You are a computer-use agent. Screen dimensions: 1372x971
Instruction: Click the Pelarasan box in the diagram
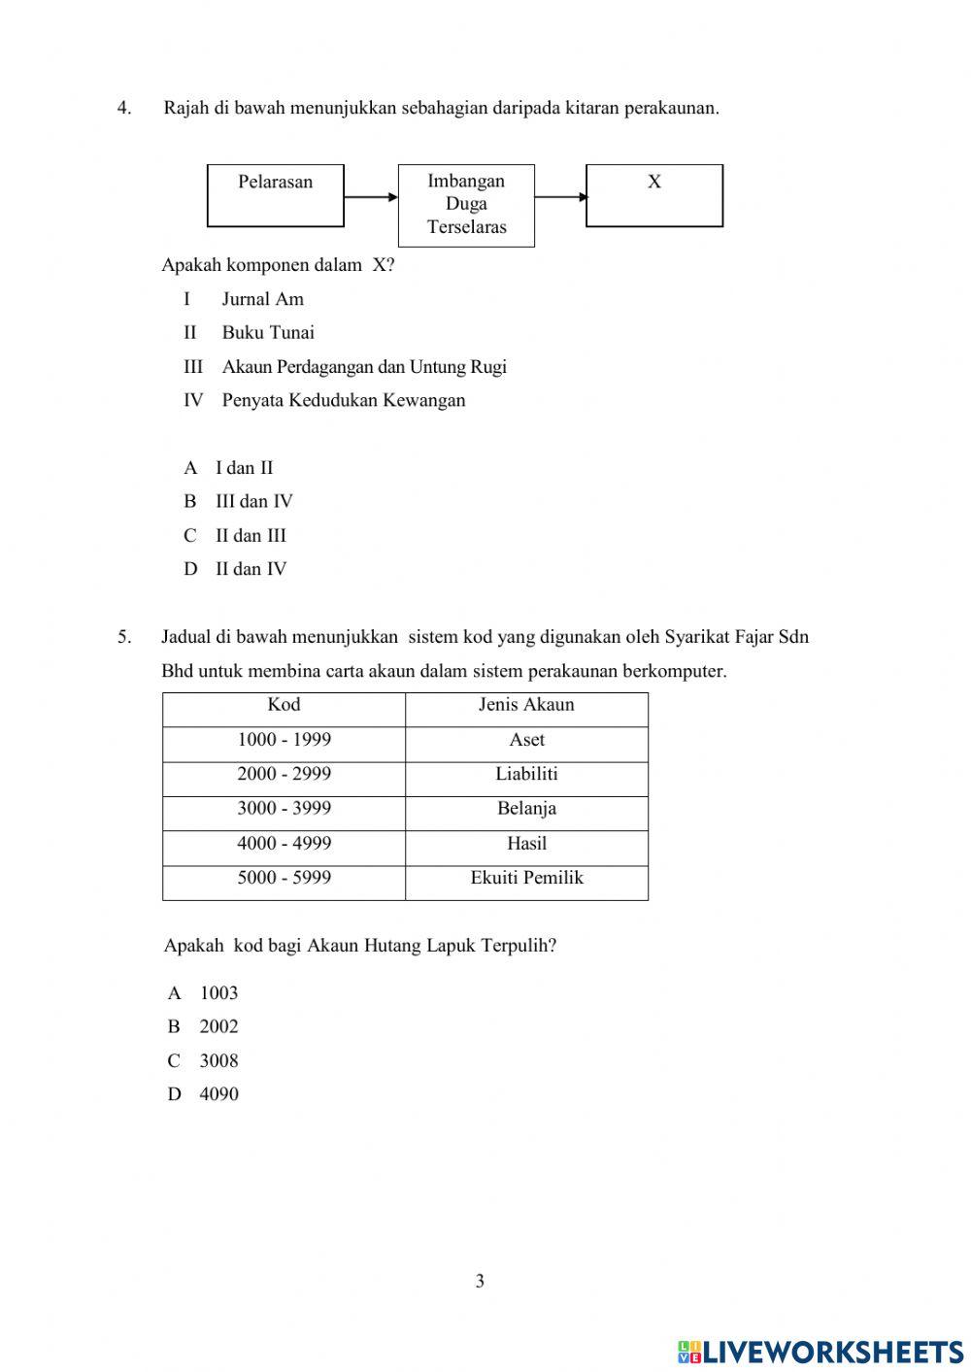click(276, 196)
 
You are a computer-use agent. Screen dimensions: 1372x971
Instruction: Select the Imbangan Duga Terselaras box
click(466, 205)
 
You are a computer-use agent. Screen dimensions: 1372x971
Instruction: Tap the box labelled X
click(654, 196)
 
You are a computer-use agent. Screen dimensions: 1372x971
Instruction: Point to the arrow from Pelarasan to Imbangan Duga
click(371, 197)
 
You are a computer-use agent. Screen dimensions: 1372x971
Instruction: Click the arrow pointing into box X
click(560, 197)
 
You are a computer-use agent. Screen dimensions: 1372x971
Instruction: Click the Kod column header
click(284, 705)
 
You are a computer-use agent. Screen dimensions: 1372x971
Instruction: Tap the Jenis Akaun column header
click(526, 705)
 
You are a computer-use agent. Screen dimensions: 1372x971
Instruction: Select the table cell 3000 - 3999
click(284, 809)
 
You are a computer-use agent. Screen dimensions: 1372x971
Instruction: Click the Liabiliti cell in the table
click(526, 775)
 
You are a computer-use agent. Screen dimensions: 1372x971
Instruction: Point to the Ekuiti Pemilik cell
click(526, 878)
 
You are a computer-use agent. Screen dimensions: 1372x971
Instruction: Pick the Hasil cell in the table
click(526, 844)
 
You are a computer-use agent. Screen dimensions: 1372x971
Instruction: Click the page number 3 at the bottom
click(480, 1282)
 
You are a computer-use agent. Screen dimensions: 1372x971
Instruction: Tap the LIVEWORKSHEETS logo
click(820, 1351)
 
